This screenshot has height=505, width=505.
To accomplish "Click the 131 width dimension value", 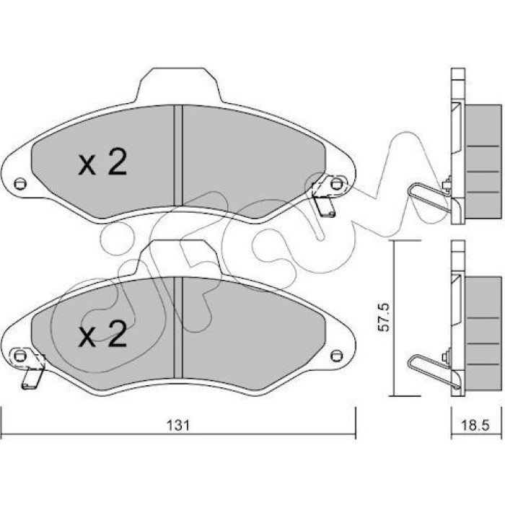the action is point(178,426).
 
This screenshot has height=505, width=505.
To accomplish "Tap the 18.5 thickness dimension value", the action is point(475,426).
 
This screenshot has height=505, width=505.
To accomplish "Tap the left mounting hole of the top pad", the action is point(20,184).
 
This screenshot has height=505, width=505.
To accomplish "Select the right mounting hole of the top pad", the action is point(337,184).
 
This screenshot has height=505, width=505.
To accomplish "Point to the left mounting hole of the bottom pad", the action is point(20,356).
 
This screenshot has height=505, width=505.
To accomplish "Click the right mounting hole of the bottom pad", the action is point(337,356).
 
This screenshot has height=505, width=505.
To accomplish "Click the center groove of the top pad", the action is point(178,155).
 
